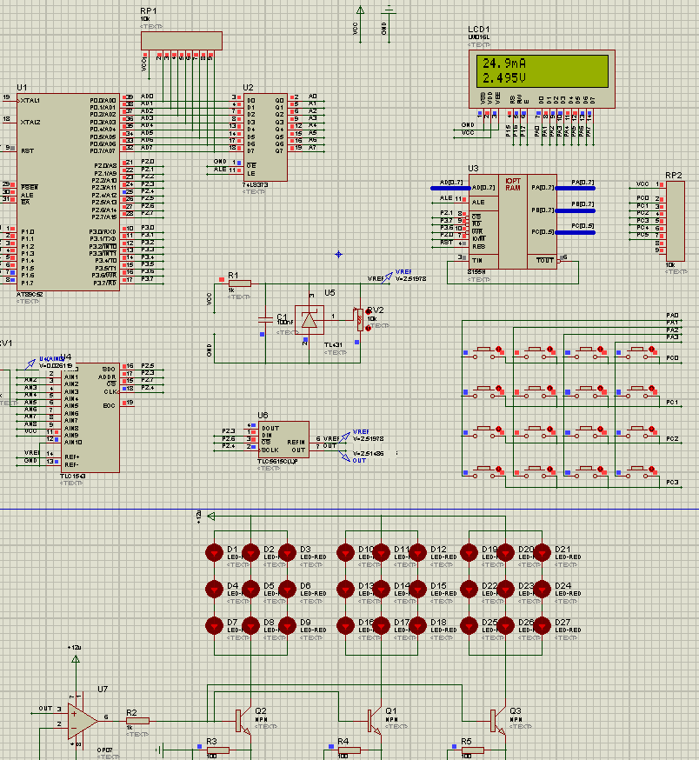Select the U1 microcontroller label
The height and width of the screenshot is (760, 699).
pyautogui.click(x=23, y=88)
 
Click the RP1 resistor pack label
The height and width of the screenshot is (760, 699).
pyautogui.click(x=149, y=10)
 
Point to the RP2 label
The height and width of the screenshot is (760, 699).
pyautogui.click(x=674, y=176)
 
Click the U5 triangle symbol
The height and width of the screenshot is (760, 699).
pyautogui.click(x=309, y=319)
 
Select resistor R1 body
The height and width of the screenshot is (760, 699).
pyautogui.click(x=239, y=283)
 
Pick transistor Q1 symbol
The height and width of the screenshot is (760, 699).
pyautogui.click(x=373, y=720)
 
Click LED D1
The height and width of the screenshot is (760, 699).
pyautogui.click(x=214, y=552)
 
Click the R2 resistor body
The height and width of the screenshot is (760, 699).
pyautogui.click(x=137, y=721)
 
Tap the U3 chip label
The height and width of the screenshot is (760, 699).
pyautogui.click(x=473, y=168)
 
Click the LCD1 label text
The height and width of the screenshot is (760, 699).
pyautogui.click(x=478, y=29)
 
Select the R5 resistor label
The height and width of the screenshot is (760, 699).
pyautogui.click(x=467, y=742)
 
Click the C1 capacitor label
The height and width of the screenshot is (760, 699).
pyautogui.click(x=282, y=317)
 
